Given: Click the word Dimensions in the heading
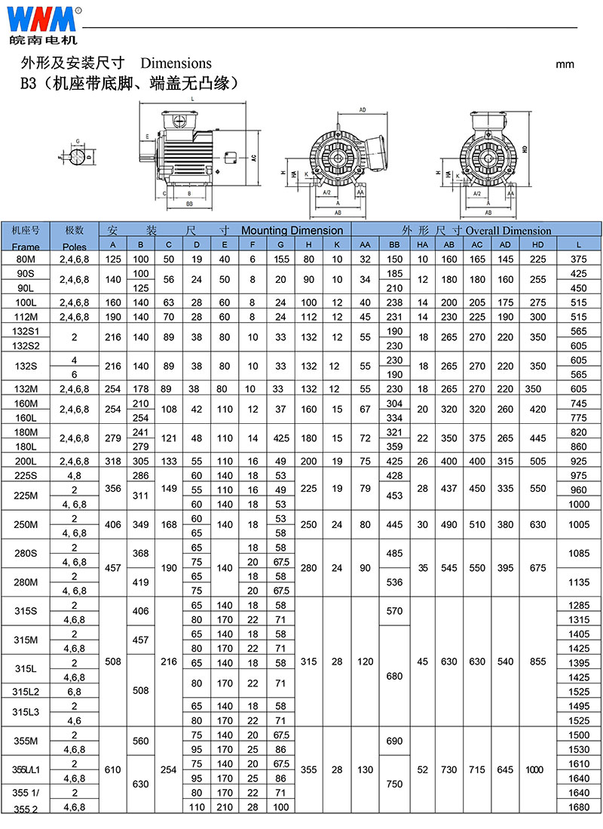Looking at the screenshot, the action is [176, 63].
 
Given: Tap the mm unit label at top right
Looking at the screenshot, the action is [565, 65].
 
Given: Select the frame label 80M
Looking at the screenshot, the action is [26, 259].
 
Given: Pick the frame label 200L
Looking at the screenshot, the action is [26, 461].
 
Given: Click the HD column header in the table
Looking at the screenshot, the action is [537, 244].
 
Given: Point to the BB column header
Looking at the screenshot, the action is [394, 244].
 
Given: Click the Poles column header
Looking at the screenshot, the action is [75, 247].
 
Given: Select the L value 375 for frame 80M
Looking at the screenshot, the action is [579, 259].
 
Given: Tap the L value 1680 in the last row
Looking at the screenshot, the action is [579, 807].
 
